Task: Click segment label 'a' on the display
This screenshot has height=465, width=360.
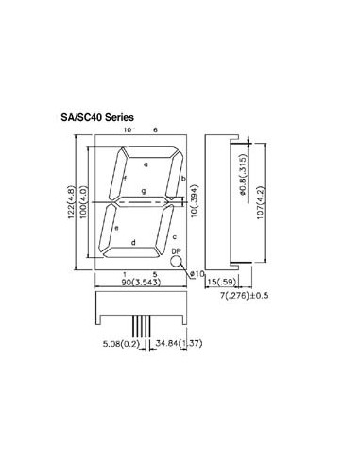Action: (x=146, y=164)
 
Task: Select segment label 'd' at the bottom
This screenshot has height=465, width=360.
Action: (x=133, y=243)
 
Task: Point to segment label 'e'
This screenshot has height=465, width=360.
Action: (x=116, y=228)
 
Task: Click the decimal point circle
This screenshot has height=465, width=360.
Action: (x=176, y=262)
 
